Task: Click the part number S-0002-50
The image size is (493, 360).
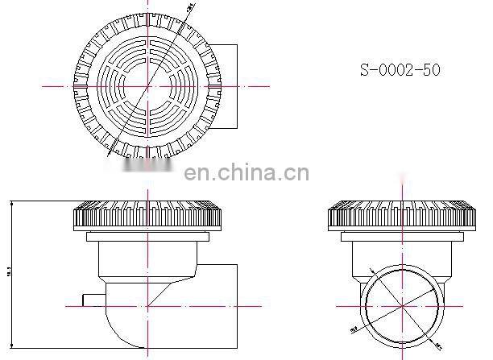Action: click(x=400, y=70)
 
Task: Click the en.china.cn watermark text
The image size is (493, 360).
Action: click(x=246, y=173)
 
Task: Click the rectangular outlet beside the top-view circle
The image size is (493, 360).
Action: click(x=228, y=86)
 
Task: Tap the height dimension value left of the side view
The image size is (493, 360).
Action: click(x=9, y=274)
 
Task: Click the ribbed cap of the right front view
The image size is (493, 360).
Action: click(x=400, y=215)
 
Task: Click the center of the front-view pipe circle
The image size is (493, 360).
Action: click(x=400, y=305)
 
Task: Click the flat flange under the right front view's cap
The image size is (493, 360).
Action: click(x=400, y=237)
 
